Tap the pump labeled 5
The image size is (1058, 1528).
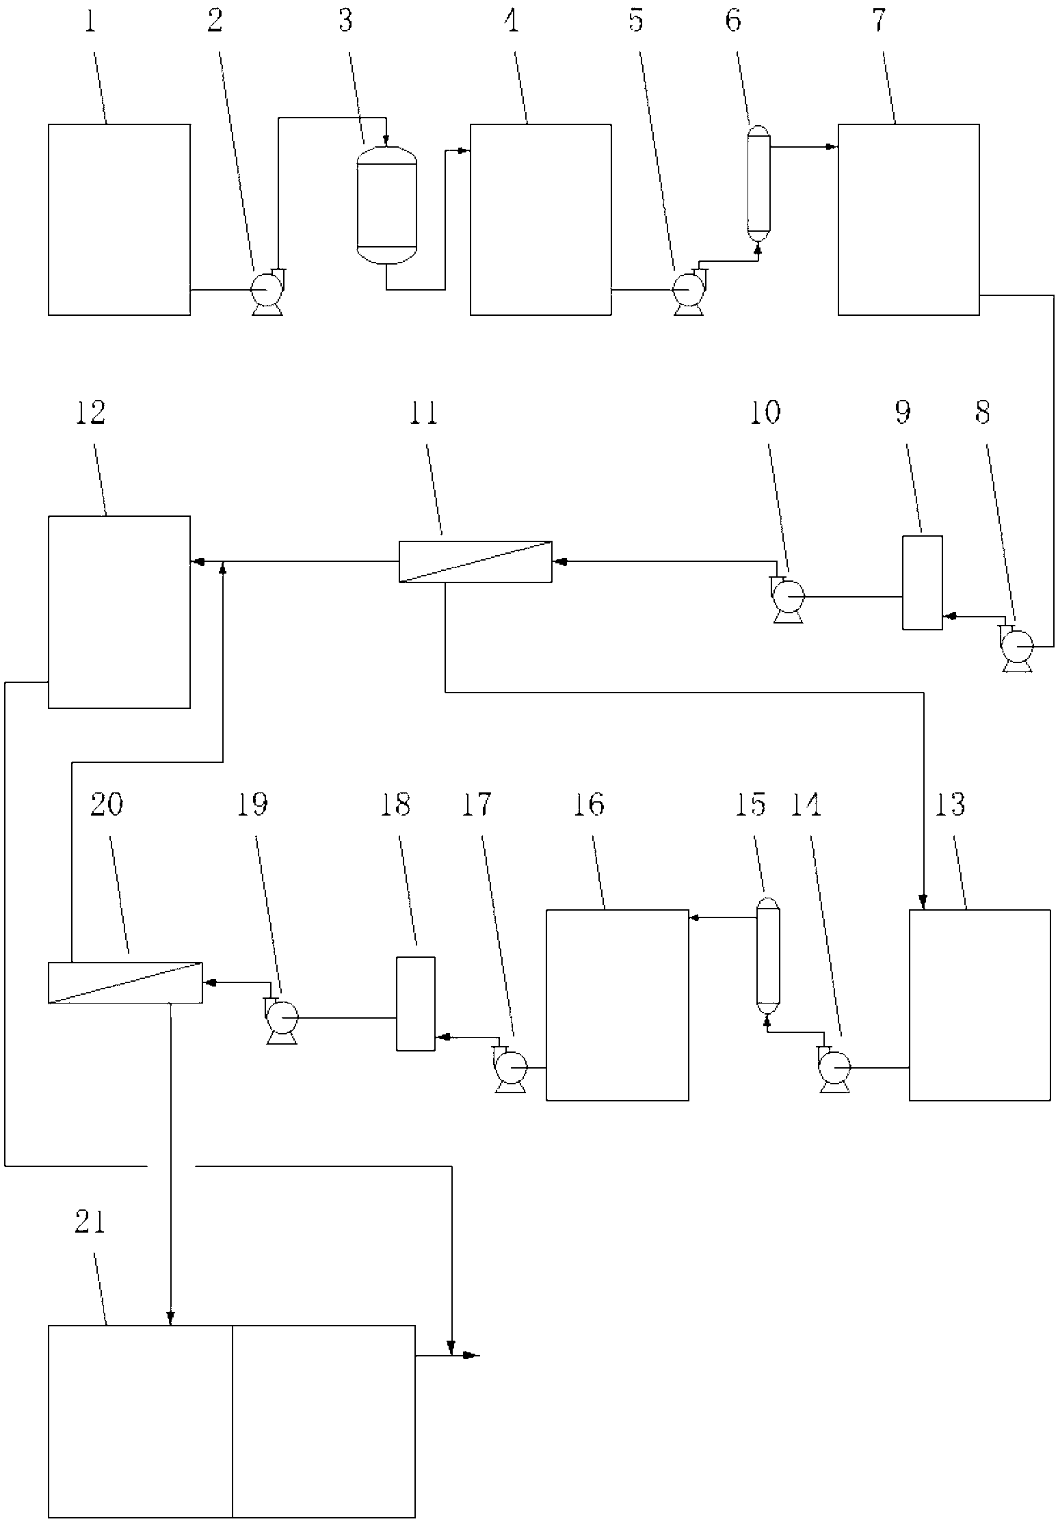[688, 292]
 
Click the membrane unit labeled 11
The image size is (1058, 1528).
[475, 561]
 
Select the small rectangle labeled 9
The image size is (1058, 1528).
[922, 582]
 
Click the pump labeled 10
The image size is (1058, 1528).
[788, 598]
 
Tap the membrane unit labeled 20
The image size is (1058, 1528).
[125, 982]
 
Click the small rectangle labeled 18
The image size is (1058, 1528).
[416, 1004]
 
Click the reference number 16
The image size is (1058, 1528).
[588, 805]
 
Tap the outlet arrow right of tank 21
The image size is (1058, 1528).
[472, 1355]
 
